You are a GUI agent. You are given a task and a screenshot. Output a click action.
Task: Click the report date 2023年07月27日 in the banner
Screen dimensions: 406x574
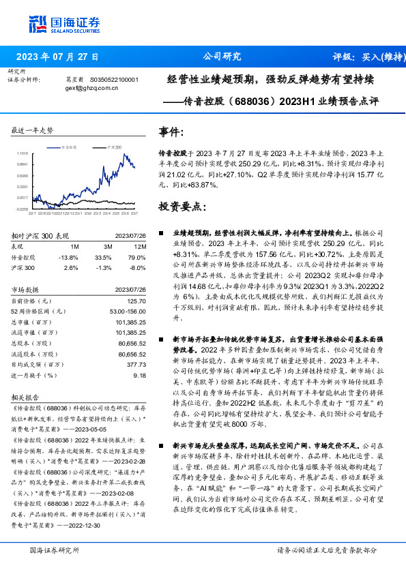57,57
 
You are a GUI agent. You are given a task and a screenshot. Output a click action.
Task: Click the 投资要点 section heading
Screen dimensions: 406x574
179,207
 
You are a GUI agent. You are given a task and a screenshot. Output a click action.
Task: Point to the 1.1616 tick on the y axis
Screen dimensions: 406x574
23,153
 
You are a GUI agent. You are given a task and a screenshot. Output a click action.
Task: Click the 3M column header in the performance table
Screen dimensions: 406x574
108,246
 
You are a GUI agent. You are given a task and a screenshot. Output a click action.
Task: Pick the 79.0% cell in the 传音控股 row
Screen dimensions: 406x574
136,257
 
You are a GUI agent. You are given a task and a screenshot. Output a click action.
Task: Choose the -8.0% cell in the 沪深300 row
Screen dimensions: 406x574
136,268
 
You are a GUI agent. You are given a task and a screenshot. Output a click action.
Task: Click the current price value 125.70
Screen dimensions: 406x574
136,300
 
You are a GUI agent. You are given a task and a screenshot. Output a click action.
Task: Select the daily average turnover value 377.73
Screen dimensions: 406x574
136,365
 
